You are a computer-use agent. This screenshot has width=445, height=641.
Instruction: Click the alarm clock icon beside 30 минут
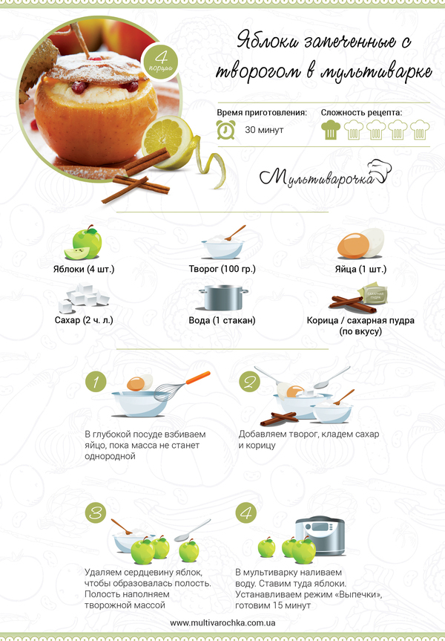point(225,129)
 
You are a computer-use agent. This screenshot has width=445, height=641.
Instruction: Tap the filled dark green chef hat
point(331,129)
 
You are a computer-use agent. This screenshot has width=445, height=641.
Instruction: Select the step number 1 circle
point(96,382)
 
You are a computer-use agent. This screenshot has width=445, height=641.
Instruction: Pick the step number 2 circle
point(249,382)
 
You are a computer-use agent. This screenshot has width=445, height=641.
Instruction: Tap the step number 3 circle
point(96,513)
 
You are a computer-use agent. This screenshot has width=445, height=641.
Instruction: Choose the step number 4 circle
point(246,513)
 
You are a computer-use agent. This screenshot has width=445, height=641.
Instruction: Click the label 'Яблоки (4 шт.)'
point(84,269)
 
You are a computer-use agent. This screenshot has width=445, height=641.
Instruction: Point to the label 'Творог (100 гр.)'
point(222,269)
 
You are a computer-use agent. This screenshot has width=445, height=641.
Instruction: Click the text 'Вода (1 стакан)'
point(222,320)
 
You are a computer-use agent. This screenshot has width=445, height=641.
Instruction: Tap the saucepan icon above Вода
point(223,298)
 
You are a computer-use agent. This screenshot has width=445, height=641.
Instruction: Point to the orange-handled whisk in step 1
point(182,386)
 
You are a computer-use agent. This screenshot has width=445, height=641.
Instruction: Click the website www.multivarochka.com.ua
point(222,623)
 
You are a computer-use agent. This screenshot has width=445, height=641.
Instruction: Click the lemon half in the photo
point(168,141)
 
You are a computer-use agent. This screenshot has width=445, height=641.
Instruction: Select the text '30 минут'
point(264,130)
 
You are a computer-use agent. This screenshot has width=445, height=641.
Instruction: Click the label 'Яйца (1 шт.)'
point(360,269)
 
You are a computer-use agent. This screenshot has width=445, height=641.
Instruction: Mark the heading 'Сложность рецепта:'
point(361,112)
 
